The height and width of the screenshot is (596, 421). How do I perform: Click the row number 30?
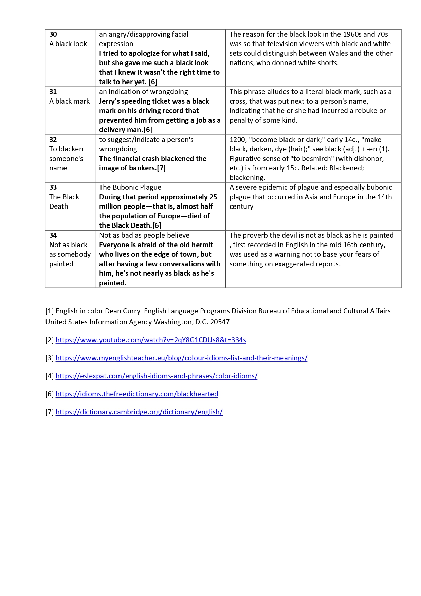[x=53, y=34]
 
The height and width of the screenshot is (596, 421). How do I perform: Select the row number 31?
[x=53, y=92]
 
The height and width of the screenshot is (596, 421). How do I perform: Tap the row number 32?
[x=53, y=140]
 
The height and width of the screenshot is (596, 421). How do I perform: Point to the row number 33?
[x=53, y=187]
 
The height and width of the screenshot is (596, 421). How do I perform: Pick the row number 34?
[x=53, y=235]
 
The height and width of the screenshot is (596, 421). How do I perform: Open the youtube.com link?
[x=151, y=340]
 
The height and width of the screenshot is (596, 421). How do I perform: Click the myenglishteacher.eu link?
[x=181, y=358]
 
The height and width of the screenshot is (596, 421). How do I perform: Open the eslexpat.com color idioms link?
[x=157, y=376]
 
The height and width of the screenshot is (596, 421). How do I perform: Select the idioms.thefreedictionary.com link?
[x=137, y=394]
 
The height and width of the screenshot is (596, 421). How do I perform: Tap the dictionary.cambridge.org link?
[x=139, y=412]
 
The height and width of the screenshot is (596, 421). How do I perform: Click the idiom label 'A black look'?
[x=68, y=44]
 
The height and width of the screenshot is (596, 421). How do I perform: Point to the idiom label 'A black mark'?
[x=69, y=101]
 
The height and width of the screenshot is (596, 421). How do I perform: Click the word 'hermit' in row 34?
[x=202, y=245]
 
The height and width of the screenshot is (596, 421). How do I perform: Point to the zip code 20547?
[x=220, y=322]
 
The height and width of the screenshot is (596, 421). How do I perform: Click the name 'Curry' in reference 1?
[x=131, y=311]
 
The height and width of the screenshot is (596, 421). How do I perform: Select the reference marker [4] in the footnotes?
[x=50, y=376]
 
